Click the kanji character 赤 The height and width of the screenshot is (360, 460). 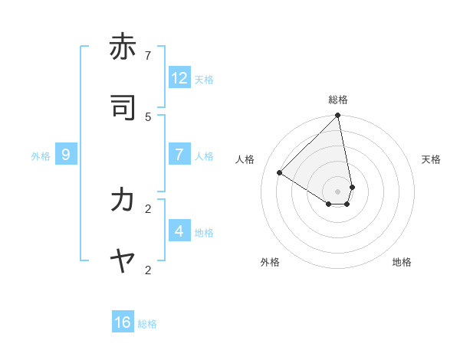coord(123,47)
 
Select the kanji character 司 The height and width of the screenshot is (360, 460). coord(123,109)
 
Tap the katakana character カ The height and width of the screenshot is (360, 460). coord(123,200)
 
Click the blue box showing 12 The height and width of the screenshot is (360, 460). coord(179,77)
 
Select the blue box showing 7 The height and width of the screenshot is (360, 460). coord(179,155)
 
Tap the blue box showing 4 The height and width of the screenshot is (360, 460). coord(179,231)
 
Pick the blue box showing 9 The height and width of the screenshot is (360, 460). coord(66,155)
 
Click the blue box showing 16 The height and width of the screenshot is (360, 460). coord(123,322)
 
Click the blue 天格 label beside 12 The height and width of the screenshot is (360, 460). coord(204,79)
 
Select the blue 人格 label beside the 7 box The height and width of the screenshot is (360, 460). coord(204,156)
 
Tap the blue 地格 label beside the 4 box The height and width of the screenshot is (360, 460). coord(204,233)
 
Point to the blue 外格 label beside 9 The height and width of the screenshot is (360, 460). coord(41,156)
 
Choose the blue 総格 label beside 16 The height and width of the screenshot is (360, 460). coord(147,324)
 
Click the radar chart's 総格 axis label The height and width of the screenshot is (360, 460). coord(338,100)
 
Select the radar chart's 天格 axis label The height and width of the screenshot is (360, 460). coord(432,159)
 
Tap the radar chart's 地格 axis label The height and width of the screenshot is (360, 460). coord(402,262)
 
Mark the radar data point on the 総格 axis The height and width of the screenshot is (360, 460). coord(338,116)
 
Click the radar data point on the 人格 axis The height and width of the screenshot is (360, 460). coord(280,173)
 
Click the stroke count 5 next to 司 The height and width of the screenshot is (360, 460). coord(148,116)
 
